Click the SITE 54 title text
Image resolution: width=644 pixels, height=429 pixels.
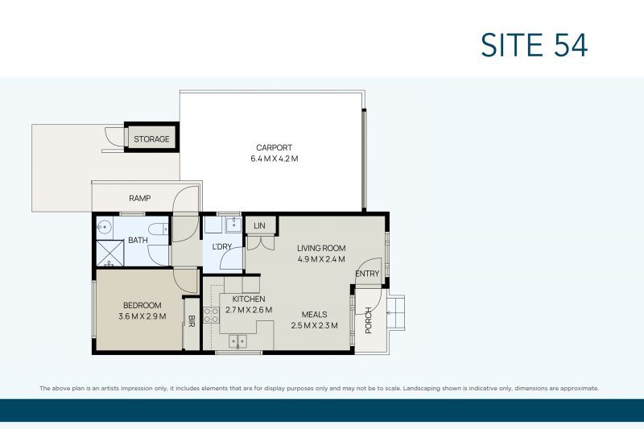click(x=534, y=45)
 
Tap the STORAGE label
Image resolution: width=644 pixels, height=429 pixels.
click(x=151, y=139)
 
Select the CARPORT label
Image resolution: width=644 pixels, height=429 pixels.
click(x=274, y=147)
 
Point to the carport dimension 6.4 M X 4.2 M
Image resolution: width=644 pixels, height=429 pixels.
click(x=274, y=159)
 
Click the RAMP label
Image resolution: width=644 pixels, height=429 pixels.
click(x=140, y=198)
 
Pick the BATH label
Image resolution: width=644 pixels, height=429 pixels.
click(x=138, y=240)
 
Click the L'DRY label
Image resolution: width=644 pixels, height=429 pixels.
click(x=222, y=245)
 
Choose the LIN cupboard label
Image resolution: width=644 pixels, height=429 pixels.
click(x=258, y=226)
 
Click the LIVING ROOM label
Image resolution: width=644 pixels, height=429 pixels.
click(x=320, y=248)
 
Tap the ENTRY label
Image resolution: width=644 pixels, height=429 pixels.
click(x=367, y=274)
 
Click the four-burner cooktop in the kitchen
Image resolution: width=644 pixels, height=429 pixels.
click(x=211, y=315)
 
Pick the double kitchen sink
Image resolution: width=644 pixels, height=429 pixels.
click(x=237, y=341)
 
